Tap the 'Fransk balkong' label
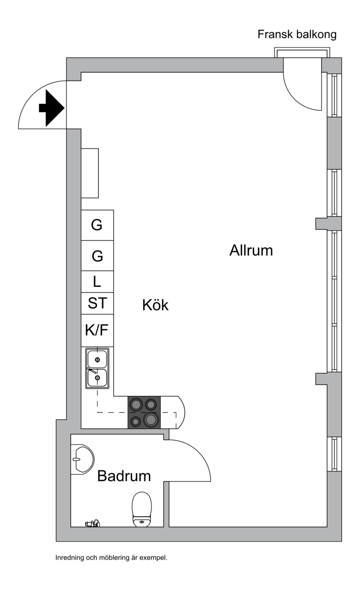click(297, 35)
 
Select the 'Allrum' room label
click(251, 250)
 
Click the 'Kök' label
click(155, 305)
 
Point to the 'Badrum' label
click(124, 476)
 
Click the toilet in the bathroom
click(142, 509)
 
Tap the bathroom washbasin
click(82, 459)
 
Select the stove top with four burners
click(144, 412)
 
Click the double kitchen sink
click(97, 368)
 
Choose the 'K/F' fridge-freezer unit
click(97, 330)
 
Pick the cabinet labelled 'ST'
click(97, 304)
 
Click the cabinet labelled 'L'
click(97, 282)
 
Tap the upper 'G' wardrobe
click(97, 225)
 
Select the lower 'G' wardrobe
click(97, 255)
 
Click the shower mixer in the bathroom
click(92, 523)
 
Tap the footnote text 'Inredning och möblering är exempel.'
click(112, 558)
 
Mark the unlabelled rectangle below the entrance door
click(90, 173)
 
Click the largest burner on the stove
click(151, 420)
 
